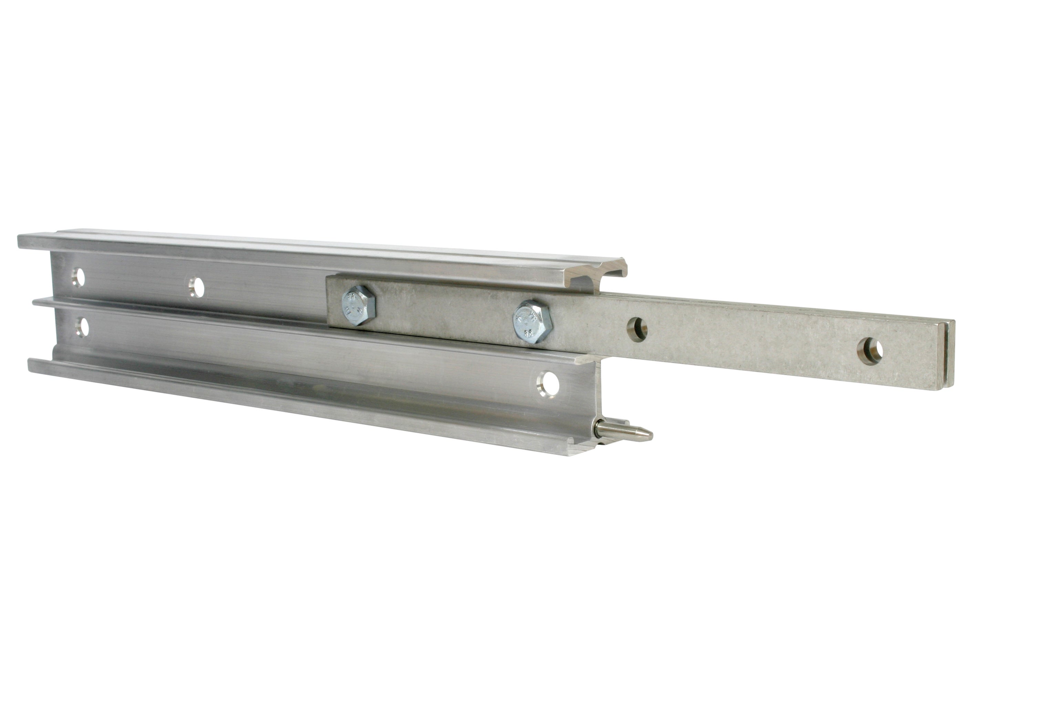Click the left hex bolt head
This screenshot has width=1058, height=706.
[358, 305]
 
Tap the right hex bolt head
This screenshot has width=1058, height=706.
[532, 322]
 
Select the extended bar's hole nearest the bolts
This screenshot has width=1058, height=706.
[636, 329]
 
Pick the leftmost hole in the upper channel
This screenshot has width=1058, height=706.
[78, 278]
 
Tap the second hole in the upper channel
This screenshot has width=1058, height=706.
[197, 287]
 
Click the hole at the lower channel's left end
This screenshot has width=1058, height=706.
[82, 327]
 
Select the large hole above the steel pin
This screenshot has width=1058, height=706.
[548, 384]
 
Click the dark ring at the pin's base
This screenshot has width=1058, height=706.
[599, 428]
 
